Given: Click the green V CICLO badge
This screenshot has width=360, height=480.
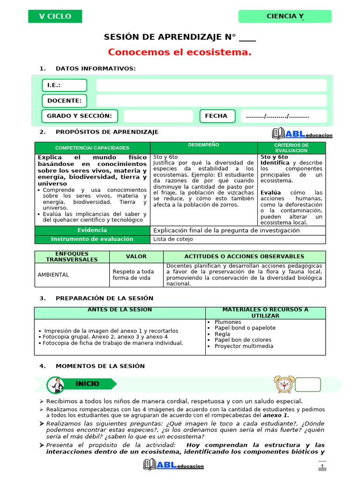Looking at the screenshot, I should tap(55, 16).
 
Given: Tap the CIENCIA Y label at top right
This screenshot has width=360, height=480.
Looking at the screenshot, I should tap(285, 16).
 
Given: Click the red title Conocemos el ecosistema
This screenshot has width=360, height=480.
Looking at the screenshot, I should tap(180, 52).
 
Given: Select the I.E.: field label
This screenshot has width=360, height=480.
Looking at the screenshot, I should tap(64, 85).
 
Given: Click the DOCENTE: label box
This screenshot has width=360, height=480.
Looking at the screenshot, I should tap(64, 100).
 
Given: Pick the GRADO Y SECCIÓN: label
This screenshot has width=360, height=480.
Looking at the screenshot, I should tap(79, 116).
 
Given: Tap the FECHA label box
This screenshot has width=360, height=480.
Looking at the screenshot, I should tap(216, 116).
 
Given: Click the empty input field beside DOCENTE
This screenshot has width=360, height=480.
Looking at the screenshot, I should tap(211, 100).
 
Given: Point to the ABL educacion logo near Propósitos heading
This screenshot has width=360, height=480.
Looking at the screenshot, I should tap(302, 134).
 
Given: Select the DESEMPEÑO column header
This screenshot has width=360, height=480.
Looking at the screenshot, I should tap(203, 145).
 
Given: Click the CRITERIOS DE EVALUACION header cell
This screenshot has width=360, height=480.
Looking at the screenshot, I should tap(291, 148).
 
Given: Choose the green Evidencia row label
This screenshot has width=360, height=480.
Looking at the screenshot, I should tap(92, 230).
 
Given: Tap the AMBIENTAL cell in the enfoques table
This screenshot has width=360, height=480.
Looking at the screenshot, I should tap(53, 275).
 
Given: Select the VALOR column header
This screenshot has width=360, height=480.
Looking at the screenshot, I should tap(136, 256).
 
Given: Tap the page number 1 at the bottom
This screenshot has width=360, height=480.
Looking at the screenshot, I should tap(322, 465).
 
